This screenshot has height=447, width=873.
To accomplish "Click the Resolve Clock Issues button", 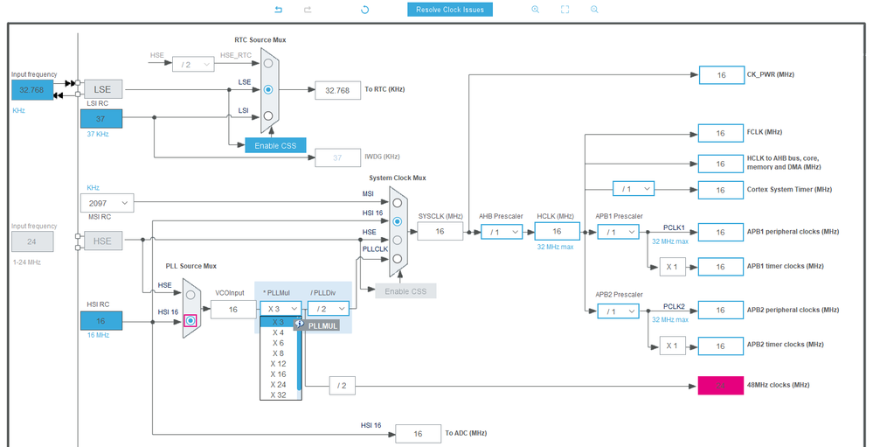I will tap(450, 10).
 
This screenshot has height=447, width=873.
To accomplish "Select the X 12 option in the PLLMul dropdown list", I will tap(278, 363).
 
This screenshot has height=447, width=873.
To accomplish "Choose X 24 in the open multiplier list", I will tap(278, 384).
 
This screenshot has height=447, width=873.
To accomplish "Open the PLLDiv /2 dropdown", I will tap(328, 308).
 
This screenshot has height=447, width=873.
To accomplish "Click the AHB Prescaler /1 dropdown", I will tap(501, 232).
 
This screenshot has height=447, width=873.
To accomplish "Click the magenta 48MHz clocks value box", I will tap(721, 385).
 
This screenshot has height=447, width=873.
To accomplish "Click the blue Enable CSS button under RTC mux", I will tap(275, 145).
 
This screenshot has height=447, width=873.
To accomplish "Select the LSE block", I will tap(103, 89).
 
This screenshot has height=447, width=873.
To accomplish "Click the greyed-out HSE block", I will tap(103, 241).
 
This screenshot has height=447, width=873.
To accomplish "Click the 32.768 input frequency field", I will tap(32, 89).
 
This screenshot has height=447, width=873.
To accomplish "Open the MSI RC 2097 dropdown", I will tap(109, 203).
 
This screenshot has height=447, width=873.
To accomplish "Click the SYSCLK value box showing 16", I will tap(440, 231).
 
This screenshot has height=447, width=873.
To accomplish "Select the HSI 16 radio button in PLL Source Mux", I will tap(191, 321).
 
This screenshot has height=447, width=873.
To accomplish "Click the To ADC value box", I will tap(418, 434).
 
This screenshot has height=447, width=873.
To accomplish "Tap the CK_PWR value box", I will tap(721, 75).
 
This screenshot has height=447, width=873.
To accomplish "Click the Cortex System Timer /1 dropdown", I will tap(633, 189).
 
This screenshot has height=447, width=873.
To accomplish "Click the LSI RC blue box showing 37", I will tap(101, 119).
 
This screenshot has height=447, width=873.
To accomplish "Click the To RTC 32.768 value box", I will tap(337, 89).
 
